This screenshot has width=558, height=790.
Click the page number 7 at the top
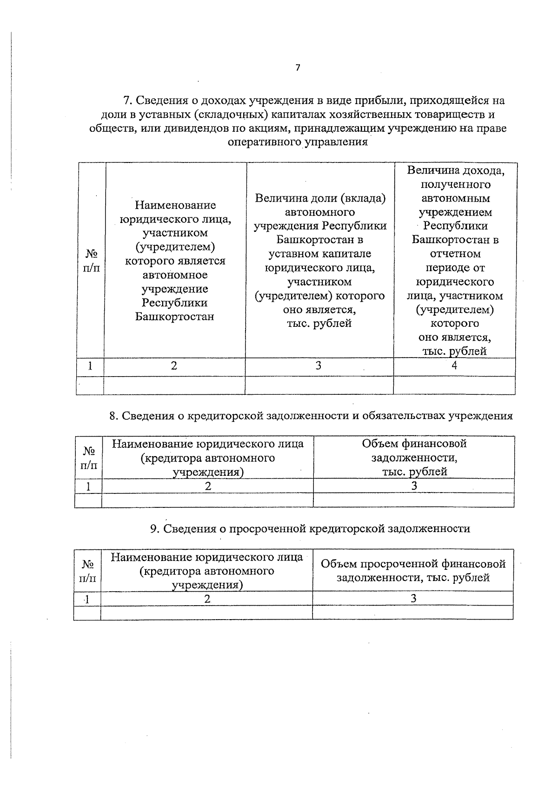pos(298,68)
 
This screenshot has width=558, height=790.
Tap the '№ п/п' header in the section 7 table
pos(91,261)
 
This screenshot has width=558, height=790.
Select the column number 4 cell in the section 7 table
pos(454,366)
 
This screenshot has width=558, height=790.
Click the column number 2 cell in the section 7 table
pos(174,366)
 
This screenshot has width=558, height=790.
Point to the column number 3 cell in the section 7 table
pos(319,366)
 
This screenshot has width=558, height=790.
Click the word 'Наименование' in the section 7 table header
pos(175,205)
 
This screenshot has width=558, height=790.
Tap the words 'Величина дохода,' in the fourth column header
pos(455,170)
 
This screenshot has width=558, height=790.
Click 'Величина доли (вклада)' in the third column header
pos(320,198)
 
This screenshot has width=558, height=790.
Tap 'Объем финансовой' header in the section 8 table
pos(414,444)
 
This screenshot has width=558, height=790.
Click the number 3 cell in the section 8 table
pos(414,486)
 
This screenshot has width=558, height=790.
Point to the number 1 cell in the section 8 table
pos(88,486)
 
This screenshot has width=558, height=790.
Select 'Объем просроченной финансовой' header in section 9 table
pos(413,564)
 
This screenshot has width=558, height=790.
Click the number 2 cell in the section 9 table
pos(207,599)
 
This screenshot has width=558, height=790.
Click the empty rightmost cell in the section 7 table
pos(454,385)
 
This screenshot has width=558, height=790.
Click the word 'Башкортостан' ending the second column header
pos(175,317)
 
